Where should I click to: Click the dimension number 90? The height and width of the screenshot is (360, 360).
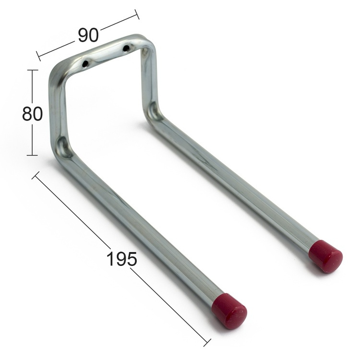coord(88,35)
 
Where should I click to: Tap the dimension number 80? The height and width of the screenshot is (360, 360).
coord(32,114)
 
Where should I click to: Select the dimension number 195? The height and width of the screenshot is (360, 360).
coord(122,259)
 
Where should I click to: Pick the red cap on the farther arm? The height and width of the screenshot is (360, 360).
coord(326,256)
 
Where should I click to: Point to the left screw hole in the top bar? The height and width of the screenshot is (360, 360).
coord(85,63)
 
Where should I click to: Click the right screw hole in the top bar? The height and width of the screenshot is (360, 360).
coord(126,48)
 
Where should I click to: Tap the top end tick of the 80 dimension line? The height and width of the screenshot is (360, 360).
coord(33,70)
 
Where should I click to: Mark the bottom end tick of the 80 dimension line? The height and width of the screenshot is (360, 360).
coord(32,155)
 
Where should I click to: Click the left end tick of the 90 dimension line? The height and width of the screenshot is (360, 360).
coord(38,56)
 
